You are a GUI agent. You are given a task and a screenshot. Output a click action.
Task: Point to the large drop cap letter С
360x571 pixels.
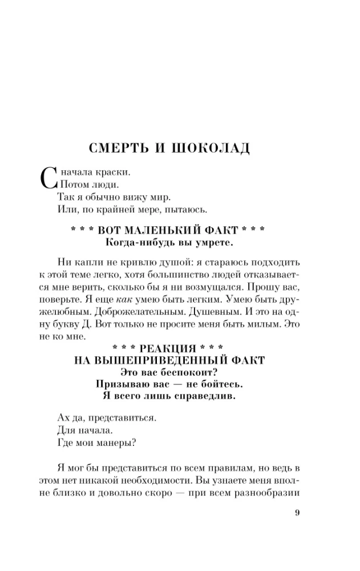click(x=48, y=177)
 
